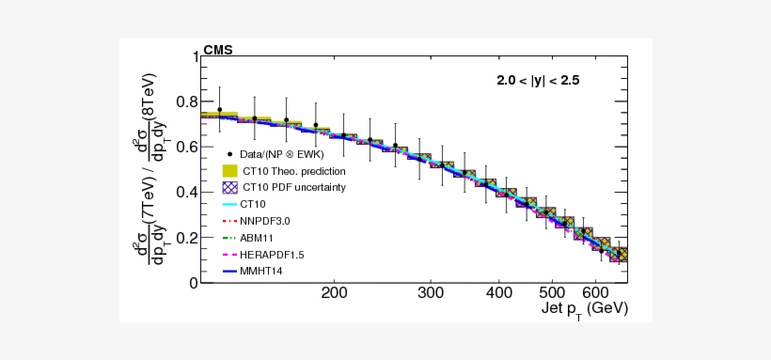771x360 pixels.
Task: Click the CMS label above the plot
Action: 218,50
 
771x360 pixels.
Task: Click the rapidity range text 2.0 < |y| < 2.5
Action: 538,81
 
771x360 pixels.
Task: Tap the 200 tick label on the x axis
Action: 335,293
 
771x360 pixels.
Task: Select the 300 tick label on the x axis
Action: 431,293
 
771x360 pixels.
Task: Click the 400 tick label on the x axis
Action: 498,293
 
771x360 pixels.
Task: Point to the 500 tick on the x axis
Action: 551,293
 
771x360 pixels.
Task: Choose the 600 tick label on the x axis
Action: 594,293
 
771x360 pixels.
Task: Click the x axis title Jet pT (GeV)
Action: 584,308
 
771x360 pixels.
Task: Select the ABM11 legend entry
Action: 256,238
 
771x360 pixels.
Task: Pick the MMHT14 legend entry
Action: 260,272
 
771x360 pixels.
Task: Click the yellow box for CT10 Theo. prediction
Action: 228,171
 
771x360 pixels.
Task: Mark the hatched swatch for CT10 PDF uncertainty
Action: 228,187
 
